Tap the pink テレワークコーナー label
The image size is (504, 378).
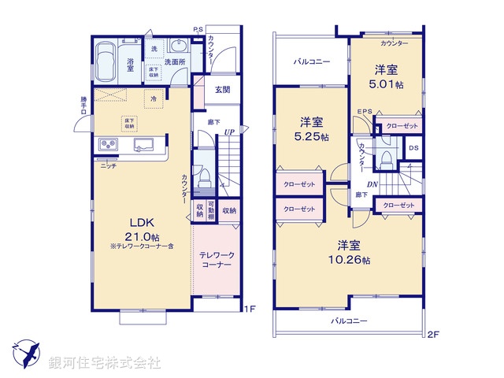pyautogui.click(x=215, y=261)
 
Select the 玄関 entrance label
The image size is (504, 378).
pyautogui.click(x=224, y=90)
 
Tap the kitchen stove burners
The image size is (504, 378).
pyautogui.click(x=107, y=145)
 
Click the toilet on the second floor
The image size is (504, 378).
pyautogui.click(x=385, y=159)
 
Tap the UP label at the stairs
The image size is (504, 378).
pyautogui.click(x=228, y=132)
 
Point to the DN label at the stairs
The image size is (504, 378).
pyautogui.click(x=372, y=185)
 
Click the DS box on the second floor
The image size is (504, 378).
pyautogui.click(x=413, y=148)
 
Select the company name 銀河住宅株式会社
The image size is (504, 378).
pyautogui.click(x=105, y=363)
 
